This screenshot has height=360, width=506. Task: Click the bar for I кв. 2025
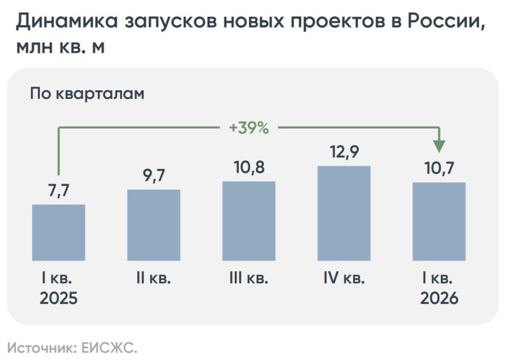click(x=58, y=232)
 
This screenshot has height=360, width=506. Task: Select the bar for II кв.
click(x=154, y=225)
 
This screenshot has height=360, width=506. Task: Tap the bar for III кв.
click(x=249, y=221)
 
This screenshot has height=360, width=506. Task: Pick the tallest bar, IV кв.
click(x=344, y=213)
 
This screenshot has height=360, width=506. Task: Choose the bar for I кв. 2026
click(x=439, y=221)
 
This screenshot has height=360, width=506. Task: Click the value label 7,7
click(x=58, y=190)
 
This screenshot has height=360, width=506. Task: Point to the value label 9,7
click(x=154, y=176)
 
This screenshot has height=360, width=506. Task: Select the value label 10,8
click(x=249, y=168)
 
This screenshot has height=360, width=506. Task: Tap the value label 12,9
click(x=344, y=152)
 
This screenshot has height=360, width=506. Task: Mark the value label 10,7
click(x=439, y=168)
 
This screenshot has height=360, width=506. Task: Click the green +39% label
click(x=248, y=128)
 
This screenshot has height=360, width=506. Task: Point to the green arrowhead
click(x=439, y=146)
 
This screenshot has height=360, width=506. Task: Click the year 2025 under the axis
click(x=58, y=299)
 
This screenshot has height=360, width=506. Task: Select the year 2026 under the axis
click(x=439, y=299)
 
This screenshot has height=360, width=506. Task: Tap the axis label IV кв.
click(x=344, y=278)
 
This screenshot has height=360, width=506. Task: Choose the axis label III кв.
click(x=249, y=278)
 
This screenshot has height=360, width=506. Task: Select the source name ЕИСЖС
click(x=109, y=348)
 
